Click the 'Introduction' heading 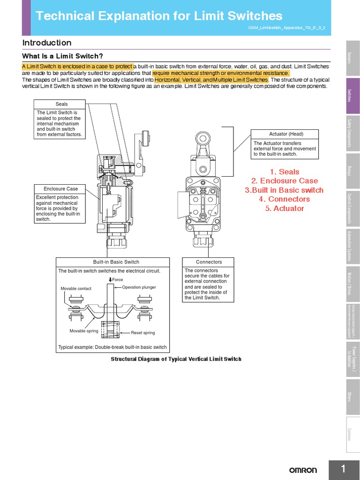(47, 43)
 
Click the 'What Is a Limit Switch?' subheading (62, 56)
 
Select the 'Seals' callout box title (61, 104)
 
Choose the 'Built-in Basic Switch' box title (112, 262)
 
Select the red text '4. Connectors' (284, 199)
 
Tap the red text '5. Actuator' (284, 209)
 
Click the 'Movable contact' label (76, 289)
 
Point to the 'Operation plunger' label (139, 287)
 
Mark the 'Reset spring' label (143, 333)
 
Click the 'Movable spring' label (84, 331)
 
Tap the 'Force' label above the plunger (117, 280)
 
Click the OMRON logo (302, 470)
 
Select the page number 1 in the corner (344, 469)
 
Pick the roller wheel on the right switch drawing (202, 137)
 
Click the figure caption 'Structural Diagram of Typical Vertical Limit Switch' (176, 359)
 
